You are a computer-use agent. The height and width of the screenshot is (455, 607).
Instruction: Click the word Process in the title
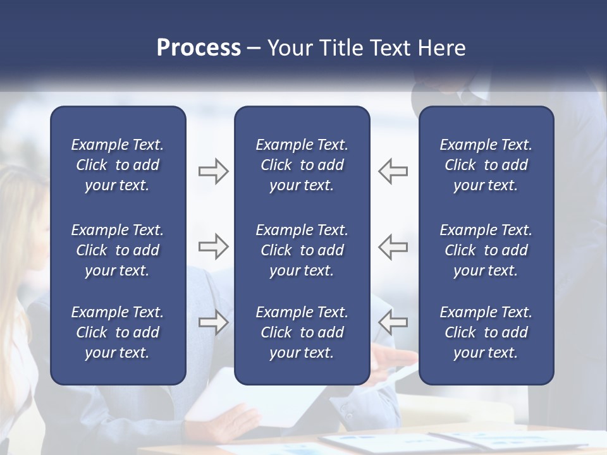(x=199, y=48)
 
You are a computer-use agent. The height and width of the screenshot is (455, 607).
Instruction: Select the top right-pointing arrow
(x=213, y=171)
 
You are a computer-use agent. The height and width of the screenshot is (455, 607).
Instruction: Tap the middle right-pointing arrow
(x=213, y=246)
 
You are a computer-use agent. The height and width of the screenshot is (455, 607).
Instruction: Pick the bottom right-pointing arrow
(x=213, y=322)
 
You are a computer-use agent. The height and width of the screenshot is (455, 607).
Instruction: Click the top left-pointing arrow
(x=393, y=171)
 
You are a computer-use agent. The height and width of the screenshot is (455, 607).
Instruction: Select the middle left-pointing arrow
(x=393, y=246)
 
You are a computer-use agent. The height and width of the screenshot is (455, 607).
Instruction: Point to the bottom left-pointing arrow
(x=393, y=322)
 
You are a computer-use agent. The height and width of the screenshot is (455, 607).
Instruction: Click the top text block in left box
(x=118, y=165)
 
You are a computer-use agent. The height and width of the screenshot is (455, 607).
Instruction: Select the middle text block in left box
(x=118, y=250)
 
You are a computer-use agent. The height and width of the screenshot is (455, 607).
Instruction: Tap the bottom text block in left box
(x=118, y=332)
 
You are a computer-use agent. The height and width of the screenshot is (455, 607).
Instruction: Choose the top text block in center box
(x=302, y=165)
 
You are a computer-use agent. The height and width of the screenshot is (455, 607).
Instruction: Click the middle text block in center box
(x=302, y=250)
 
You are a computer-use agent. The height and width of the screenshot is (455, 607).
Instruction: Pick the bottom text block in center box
(x=302, y=332)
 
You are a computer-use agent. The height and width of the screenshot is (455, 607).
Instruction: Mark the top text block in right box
(x=486, y=165)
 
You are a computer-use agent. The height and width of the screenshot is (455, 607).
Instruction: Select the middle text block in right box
(x=486, y=250)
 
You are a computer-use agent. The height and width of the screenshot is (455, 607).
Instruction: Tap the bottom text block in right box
(x=486, y=332)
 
